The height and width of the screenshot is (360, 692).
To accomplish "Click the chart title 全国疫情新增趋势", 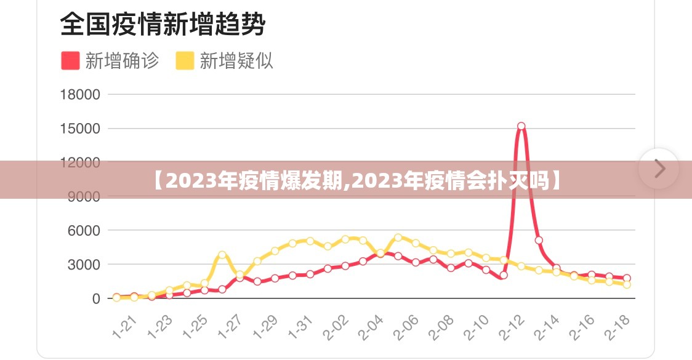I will [163, 25].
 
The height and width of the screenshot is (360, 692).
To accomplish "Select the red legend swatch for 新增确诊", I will [70, 61].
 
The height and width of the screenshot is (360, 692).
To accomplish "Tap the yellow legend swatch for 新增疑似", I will [185, 61].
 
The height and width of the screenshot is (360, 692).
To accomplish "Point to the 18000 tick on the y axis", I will [79, 95].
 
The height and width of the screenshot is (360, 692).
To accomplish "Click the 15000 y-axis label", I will [79, 129].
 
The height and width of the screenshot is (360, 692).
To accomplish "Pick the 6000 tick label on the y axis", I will [83, 231].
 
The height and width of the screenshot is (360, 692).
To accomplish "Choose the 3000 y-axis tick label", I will [83, 265].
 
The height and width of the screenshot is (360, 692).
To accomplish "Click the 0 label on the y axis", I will [96, 298].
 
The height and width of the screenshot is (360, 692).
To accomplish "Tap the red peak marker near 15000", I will [521, 126].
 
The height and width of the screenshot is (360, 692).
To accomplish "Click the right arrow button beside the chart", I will [659, 168].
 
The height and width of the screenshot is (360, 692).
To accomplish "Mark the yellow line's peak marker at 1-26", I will [222, 255].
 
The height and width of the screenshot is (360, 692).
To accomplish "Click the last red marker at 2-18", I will [627, 278].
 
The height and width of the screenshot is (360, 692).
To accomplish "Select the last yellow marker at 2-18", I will [627, 285].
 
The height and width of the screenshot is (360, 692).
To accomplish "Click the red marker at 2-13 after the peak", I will [539, 241].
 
